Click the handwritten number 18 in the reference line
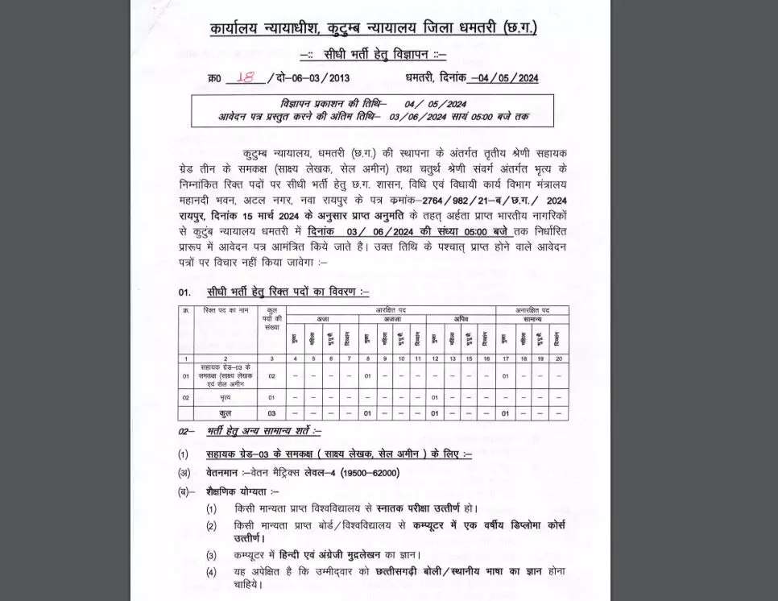[x=246, y=77]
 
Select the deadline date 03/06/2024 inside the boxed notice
[x=417, y=117]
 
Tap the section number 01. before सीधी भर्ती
[x=185, y=292]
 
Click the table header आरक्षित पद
[x=391, y=310]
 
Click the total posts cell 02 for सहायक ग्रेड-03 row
[x=271, y=376]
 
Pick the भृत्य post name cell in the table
[x=226, y=397]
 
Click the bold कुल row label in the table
[x=226, y=413]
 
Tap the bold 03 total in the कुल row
[x=271, y=413]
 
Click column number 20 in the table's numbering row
[x=559, y=359]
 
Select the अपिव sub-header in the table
[x=460, y=319]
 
